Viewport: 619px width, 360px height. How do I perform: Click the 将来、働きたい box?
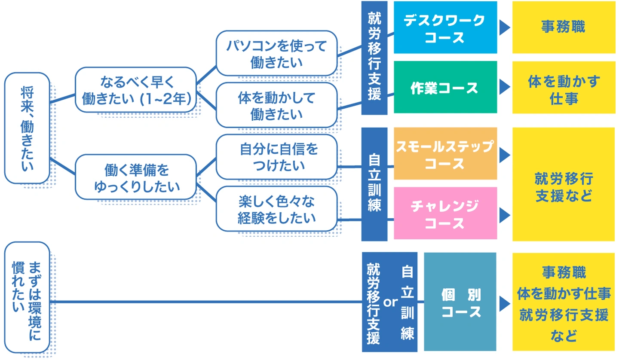pyautogui.click(x=27, y=128)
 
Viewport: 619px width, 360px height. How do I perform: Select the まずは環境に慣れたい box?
pyautogui.click(x=27, y=297)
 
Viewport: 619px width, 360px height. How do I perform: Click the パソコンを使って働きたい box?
pyautogui.click(x=276, y=53)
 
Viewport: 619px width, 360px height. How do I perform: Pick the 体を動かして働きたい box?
pyautogui.click(x=276, y=105)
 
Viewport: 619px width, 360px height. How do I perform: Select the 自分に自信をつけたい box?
pyautogui.click(x=276, y=156)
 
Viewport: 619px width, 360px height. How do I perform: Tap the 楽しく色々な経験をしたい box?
pyautogui.click(x=276, y=208)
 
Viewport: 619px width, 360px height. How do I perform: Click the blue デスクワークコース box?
pyautogui.click(x=445, y=27)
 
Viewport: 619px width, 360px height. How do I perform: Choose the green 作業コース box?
pyautogui.click(x=445, y=87)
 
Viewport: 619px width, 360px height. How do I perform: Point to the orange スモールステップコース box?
pyautogui.click(x=445, y=153)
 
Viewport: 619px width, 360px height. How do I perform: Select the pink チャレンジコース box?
pyautogui.click(x=445, y=213)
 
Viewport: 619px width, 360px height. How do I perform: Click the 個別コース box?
pyautogui.click(x=460, y=302)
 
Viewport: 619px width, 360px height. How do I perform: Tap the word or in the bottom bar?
pyautogui.click(x=390, y=302)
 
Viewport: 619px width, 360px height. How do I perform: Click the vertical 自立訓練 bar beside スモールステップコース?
pyautogui.click(x=374, y=184)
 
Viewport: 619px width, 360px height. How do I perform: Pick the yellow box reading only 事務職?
pyautogui.click(x=563, y=27)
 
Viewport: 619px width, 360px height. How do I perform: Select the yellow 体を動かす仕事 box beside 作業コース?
pyautogui.click(x=563, y=87)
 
